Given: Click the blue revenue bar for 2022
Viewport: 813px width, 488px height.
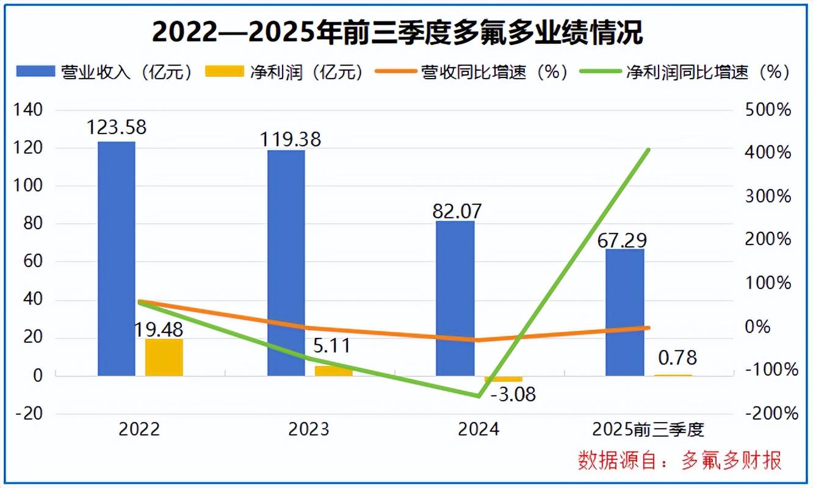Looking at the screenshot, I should [117, 259].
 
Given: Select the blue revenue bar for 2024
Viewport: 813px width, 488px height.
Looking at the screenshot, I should [455, 298].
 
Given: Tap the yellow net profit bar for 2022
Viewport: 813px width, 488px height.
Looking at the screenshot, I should [164, 357].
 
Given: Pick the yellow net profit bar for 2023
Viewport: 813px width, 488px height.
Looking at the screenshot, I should [333, 371].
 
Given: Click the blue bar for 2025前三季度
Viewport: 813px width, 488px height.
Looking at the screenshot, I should [624, 312].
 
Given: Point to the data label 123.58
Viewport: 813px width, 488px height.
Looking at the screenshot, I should [117, 128].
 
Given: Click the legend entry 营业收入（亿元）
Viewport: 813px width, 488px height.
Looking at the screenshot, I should [105, 72].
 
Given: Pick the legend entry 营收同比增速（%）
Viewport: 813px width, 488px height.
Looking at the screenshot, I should [472, 72].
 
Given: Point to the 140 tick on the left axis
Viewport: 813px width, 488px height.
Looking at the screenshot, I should [30, 110].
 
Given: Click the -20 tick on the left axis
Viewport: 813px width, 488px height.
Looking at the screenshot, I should [29, 414].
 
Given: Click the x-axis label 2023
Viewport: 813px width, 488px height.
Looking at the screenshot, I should [309, 429].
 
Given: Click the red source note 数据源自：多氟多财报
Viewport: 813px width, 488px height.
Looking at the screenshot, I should [679, 461].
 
